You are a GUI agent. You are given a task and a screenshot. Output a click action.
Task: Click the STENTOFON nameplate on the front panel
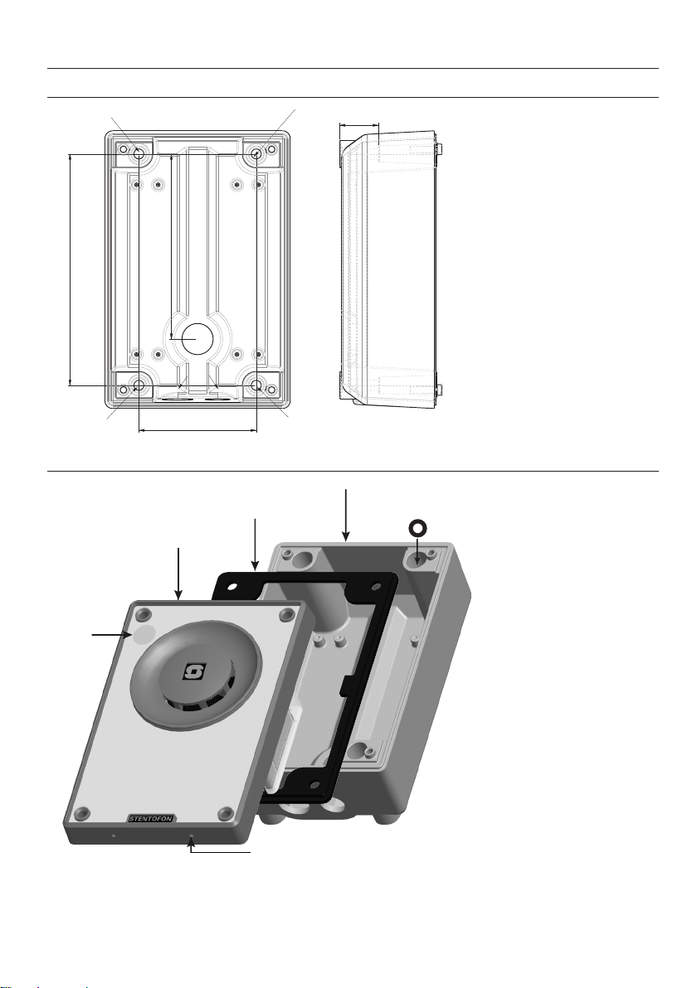pyautogui.click(x=151, y=819)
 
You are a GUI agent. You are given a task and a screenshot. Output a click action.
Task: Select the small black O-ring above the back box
pyautogui.click(x=417, y=528)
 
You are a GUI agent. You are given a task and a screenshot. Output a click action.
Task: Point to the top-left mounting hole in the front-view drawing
pyautogui.click(x=139, y=153)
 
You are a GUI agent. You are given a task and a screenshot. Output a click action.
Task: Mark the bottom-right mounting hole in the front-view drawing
pyautogui.click(x=257, y=385)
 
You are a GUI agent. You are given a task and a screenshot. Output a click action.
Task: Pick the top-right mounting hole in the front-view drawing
pyautogui.click(x=257, y=153)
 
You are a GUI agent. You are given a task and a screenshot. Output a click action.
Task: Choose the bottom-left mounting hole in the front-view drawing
pyautogui.click(x=139, y=385)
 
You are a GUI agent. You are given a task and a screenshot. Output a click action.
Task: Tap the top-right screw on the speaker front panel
pyautogui.click(x=287, y=614)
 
